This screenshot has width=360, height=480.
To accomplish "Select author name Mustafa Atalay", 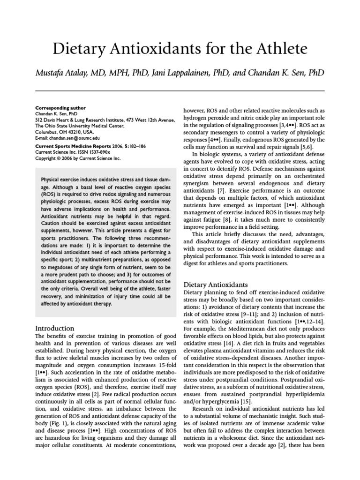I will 60,73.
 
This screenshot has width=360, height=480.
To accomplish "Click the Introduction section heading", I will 55,328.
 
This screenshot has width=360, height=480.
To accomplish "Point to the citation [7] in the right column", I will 218,180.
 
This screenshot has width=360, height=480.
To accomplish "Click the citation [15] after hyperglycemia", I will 247,388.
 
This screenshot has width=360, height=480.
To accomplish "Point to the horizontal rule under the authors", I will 180,90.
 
